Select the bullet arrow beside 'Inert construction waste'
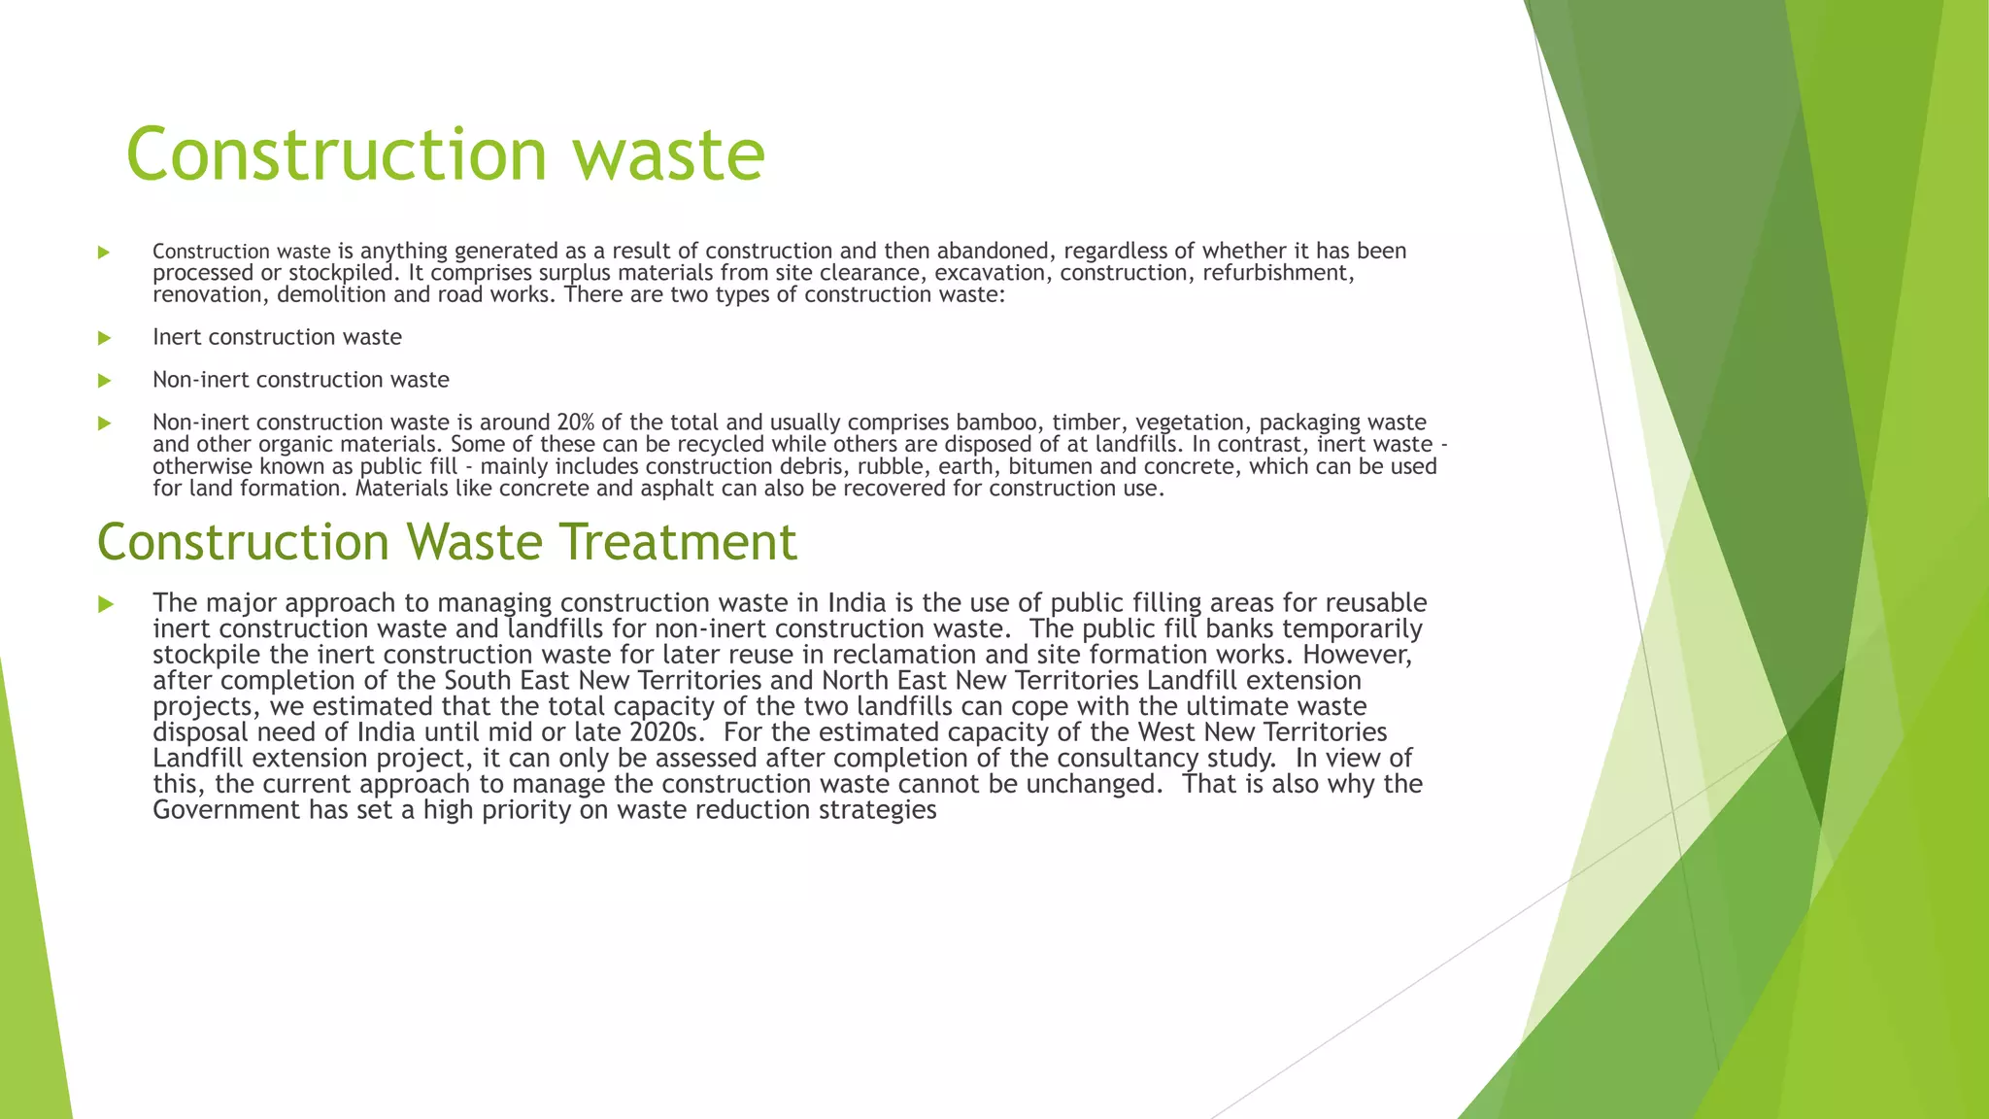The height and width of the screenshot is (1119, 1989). tap(105, 338)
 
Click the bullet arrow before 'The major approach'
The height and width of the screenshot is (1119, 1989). tap(105, 604)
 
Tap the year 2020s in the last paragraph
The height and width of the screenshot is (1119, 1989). tap(664, 731)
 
